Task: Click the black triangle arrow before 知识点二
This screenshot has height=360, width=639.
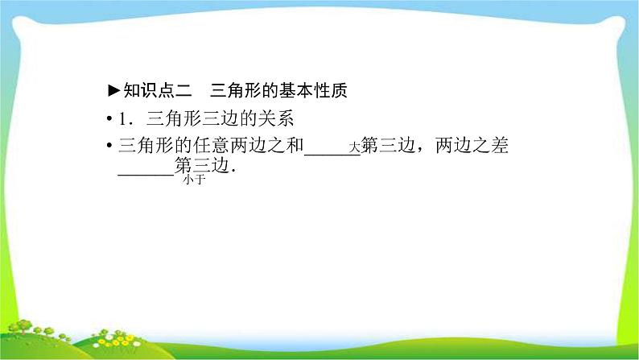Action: point(114,90)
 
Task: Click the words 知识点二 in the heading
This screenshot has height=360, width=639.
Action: point(158,90)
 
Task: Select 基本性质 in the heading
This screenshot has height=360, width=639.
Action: point(313,90)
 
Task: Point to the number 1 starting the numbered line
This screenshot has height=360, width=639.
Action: point(123,119)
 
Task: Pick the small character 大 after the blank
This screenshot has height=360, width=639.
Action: point(355,147)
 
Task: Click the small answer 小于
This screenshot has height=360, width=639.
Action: point(195,180)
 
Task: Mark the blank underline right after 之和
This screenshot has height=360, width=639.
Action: point(332,155)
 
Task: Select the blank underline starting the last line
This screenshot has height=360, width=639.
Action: point(146,175)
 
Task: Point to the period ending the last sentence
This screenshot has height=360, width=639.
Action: point(233,172)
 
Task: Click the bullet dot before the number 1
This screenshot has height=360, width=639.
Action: point(109,119)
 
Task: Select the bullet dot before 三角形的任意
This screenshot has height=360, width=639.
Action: point(109,146)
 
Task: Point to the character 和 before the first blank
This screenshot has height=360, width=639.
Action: point(295,146)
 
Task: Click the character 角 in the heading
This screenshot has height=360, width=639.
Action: point(236,90)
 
